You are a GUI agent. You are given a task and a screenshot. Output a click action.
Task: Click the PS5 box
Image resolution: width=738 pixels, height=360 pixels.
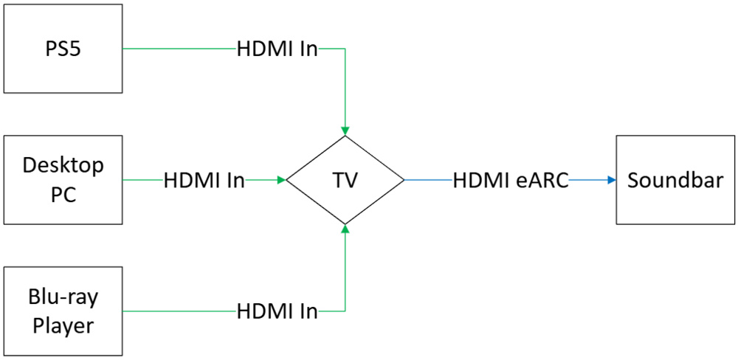pyautogui.click(x=63, y=49)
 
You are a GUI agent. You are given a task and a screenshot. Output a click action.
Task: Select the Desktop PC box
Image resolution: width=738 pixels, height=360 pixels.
pyautogui.click(x=63, y=179)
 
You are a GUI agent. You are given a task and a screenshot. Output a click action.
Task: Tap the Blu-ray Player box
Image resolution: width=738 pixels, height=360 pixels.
pyautogui.click(x=63, y=312)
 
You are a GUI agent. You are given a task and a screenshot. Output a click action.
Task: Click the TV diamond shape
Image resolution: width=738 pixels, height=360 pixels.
pyautogui.click(x=345, y=180)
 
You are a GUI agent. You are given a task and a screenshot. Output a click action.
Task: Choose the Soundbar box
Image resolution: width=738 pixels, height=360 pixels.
pyautogui.click(x=675, y=180)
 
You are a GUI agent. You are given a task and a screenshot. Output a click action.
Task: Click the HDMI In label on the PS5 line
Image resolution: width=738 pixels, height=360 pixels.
pyautogui.click(x=277, y=49)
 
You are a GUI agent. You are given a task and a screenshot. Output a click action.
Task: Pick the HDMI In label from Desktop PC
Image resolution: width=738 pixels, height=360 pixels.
pyautogui.click(x=204, y=179)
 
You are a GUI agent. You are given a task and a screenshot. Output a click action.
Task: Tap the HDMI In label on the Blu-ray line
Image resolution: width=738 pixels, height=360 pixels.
pyautogui.click(x=277, y=311)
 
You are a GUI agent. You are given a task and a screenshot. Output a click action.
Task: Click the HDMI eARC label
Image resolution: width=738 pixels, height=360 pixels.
pyautogui.click(x=511, y=180)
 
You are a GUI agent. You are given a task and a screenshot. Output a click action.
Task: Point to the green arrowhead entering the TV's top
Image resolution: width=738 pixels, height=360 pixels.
pyautogui.click(x=345, y=130)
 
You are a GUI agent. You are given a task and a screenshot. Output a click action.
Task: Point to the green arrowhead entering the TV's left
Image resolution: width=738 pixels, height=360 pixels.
pyautogui.click(x=281, y=179)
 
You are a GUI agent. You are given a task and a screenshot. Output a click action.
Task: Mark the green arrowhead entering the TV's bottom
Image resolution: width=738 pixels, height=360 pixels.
pyautogui.click(x=345, y=229)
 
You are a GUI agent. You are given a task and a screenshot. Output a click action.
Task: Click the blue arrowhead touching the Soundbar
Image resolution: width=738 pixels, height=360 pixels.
pyautogui.click(x=611, y=180)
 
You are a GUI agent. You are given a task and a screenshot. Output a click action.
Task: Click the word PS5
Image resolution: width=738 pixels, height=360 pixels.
pyautogui.click(x=63, y=49)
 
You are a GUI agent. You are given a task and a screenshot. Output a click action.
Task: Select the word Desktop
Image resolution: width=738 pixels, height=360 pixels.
pyautogui.click(x=63, y=166)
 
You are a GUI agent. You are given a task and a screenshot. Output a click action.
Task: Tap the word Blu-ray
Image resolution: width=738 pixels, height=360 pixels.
pyautogui.click(x=63, y=298)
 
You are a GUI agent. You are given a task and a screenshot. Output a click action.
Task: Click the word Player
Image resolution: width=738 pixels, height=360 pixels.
pyautogui.click(x=63, y=325)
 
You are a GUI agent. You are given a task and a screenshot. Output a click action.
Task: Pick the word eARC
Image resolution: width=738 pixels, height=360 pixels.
pyautogui.click(x=542, y=180)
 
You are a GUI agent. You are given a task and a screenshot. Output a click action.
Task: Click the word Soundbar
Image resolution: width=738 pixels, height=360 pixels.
pyautogui.click(x=675, y=180)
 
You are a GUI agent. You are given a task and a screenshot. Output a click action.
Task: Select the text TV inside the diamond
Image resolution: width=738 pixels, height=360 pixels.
pyautogui.click(x=345, y=180)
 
